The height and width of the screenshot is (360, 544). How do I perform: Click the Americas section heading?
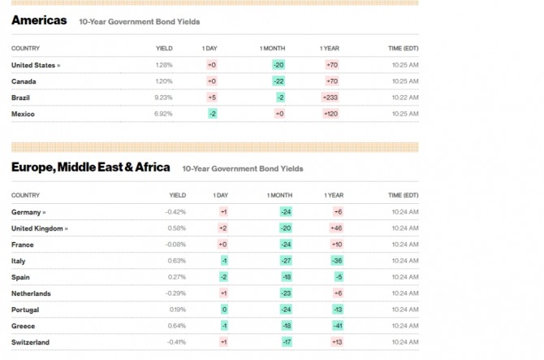point(39,20)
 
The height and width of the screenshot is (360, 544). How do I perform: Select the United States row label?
point(35,65)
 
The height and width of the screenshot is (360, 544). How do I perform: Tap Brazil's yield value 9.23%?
point(163,98)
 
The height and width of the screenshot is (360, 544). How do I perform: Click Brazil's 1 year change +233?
point(330,98)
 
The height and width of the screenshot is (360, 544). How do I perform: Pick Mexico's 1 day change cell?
point(213,114)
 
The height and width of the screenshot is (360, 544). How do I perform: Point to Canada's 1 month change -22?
point(278,81)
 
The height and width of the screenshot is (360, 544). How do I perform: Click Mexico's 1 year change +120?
point(330,114)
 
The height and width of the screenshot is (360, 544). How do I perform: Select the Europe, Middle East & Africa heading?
point(91,167)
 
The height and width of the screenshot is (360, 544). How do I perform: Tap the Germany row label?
point(28,212)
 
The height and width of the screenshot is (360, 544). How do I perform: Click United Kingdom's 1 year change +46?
point(336,228)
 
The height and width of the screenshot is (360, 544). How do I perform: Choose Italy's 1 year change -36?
point(336,261)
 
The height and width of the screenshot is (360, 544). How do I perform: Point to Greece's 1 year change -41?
point(336,326)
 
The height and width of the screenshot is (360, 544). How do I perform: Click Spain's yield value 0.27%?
point(176,277)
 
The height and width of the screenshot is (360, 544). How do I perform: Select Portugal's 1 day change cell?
point(224,310)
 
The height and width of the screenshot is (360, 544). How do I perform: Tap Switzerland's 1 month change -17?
point(286,342)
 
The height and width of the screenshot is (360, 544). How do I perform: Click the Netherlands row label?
point(31,293)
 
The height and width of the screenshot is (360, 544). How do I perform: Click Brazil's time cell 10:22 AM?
point(404,98)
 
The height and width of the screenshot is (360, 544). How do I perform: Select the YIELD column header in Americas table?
point(164,49)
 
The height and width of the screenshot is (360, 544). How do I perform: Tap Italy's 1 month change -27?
point(286,261)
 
